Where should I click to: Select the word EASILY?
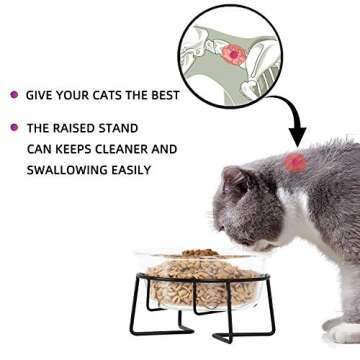click(x=130, y=170)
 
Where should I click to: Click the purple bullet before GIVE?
click(x=14, y=95)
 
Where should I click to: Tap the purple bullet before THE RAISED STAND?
click(x=14, y=128)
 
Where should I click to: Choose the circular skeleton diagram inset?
click(x=233, y=51)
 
